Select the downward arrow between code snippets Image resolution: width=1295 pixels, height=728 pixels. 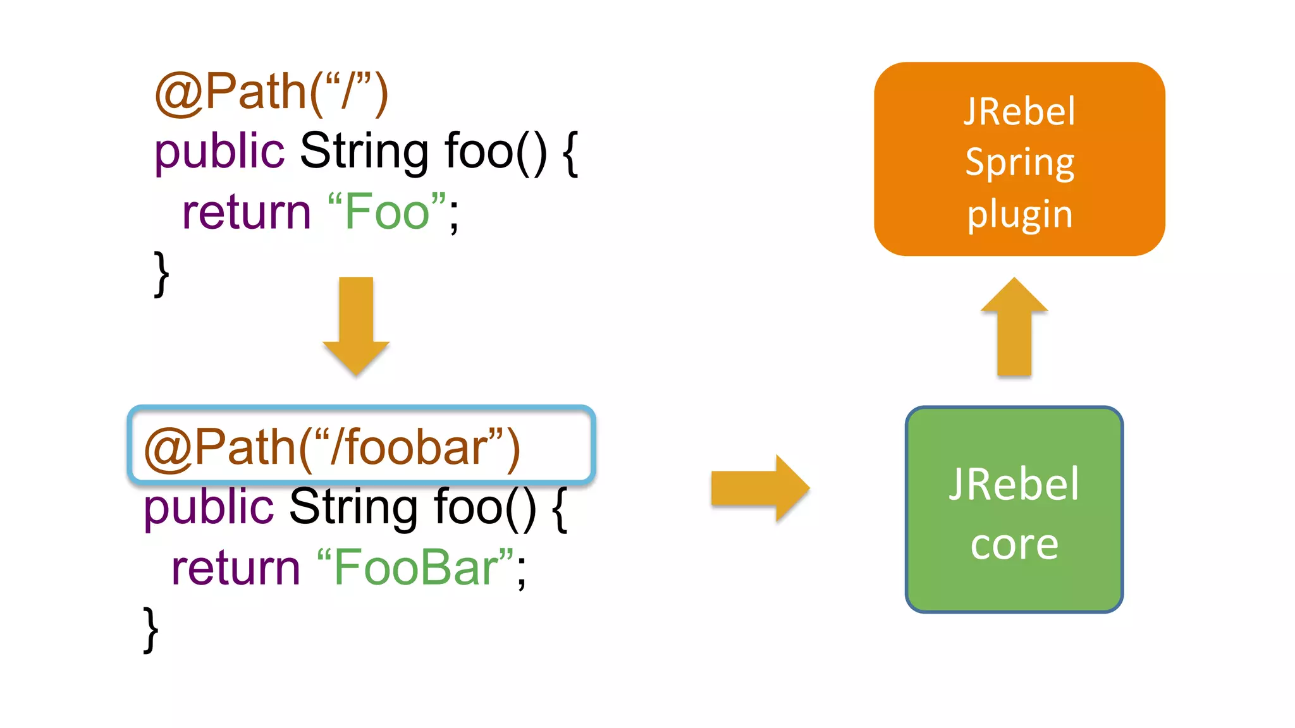point(356,325)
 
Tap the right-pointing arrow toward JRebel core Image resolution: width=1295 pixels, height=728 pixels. point(759,488)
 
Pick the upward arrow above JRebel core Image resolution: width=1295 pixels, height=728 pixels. point(1014,327)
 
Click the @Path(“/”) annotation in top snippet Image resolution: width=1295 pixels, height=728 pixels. point(271,93)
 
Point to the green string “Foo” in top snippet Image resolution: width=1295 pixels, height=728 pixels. point(387,212)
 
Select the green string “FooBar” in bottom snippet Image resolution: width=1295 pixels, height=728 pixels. point(415,568)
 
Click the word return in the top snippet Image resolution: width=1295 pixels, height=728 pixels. point(246,213)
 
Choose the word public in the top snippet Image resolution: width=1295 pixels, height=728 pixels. point(219,152)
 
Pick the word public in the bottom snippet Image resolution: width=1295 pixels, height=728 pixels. point(209,507)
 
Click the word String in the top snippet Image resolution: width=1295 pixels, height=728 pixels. point(364,152)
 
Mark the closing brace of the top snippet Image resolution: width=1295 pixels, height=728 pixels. point(162,273)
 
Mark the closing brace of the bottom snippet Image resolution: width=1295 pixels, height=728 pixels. point(151,629)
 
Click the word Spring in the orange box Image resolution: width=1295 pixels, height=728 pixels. point(1019,163)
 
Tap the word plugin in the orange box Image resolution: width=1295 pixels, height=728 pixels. point(1019,215)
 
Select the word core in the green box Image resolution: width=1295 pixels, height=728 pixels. point(1014,545)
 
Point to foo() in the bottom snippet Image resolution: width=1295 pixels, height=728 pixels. point(484,507)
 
